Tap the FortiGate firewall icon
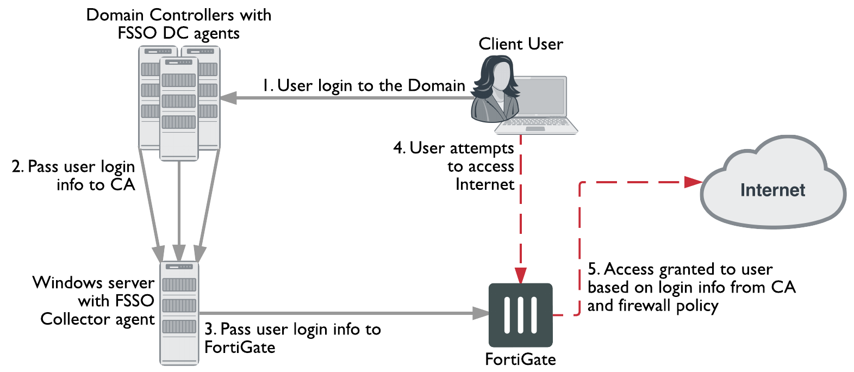point(520,315)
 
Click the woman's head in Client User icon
point(496,76)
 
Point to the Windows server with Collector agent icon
point(179,313)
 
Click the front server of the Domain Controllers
point(179,109)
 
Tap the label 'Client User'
point(520,44)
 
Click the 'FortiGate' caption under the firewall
point(520,359)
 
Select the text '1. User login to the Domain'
point(364,85)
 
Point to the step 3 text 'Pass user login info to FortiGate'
point(292,338)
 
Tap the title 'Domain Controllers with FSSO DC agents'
point(179,23)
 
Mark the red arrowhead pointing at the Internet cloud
point(693,182)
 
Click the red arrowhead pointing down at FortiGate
point(521,275)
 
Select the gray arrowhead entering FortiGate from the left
point(481,313)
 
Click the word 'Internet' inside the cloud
point(772,190)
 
